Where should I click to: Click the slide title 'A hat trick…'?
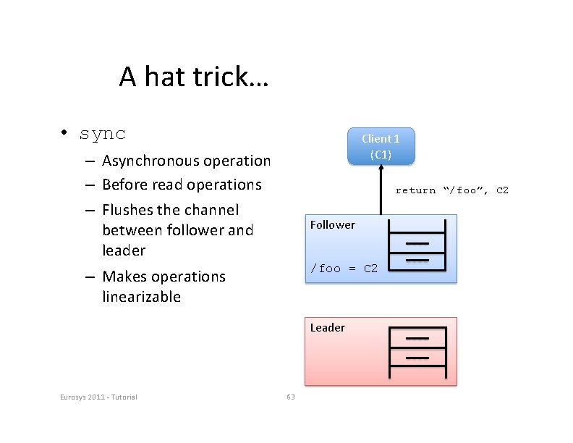(x=193, y=76)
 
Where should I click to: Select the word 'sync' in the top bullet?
(x=103, y=134)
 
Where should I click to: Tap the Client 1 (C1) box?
(x=381, y=145)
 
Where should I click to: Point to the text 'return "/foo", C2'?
(x=451, y=190)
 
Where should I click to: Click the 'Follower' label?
(x=332, y=224)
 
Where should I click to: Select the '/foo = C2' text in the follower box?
(x=344, y=269)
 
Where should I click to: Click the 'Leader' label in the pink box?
(x=327, y=327)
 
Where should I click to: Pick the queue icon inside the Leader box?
(x=417, y=352)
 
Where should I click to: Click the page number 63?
(x=291, y=396)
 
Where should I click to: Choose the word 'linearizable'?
(x=141, y=297)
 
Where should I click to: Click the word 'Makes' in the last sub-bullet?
(x=122, y=277)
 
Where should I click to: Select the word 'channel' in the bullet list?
(x=211, y=210)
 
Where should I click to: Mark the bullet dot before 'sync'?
(x=64, y=133)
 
